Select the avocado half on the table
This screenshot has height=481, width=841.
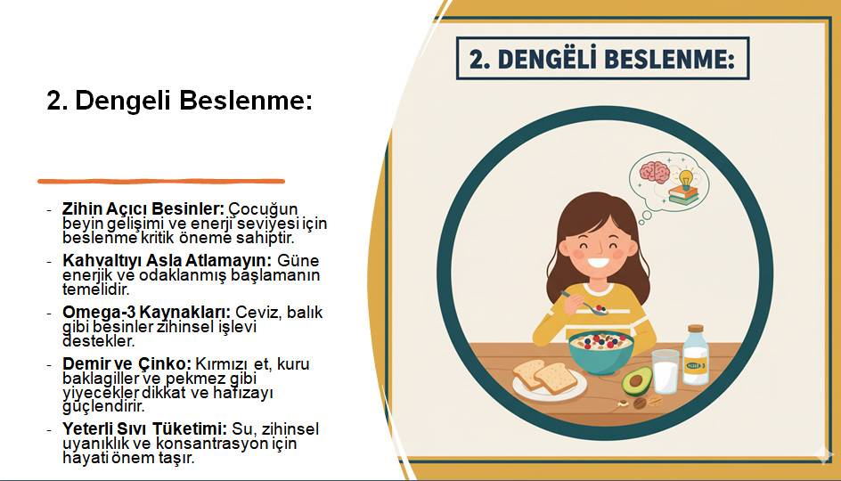(636, 382)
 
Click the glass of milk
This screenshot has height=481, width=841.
(665, 371)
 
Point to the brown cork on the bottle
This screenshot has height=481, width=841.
(695, 330)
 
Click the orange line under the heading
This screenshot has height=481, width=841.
(161, 181)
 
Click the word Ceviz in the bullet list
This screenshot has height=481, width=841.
(256, 312)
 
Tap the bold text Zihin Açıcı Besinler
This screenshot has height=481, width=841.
(143, 208)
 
